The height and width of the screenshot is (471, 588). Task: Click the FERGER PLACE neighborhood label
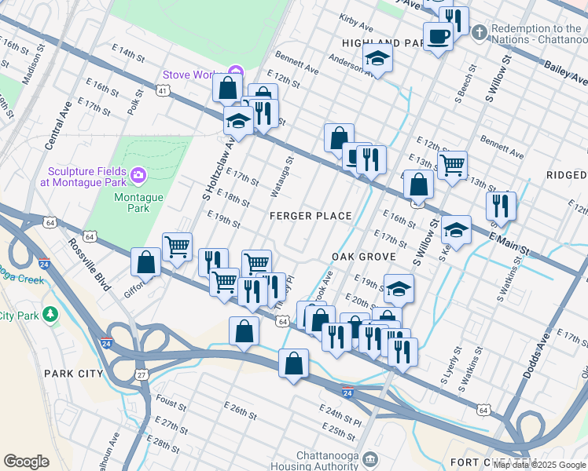(x=310, y=216)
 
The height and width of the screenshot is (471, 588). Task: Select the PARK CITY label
(x=73, y=374)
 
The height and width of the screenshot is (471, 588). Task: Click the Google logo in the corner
(x=26, y=461)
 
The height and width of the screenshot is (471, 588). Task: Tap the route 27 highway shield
(x=141, y=375)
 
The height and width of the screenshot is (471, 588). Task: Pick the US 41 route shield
(x=162, y=92)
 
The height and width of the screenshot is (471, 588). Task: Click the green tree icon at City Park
(x=51, y=314)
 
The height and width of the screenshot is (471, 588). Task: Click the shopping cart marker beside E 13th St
(x=452, y=165)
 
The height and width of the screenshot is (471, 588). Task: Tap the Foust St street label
(x=171, y=403)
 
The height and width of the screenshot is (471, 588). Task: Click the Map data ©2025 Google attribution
(x=539, y=465)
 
